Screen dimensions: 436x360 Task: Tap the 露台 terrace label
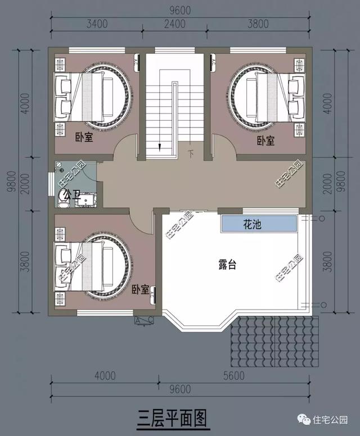(227, 265)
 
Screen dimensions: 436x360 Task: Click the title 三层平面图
(173, 417)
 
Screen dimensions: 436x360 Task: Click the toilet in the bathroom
(63, 197)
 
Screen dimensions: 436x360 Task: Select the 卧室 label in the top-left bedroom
(85, 136)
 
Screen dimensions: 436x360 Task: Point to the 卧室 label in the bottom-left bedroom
(141, 290)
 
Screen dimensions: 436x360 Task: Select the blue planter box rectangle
(259, 224)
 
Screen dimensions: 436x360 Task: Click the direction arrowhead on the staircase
(161, 148)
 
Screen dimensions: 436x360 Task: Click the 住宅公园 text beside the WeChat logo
(332, 420)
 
